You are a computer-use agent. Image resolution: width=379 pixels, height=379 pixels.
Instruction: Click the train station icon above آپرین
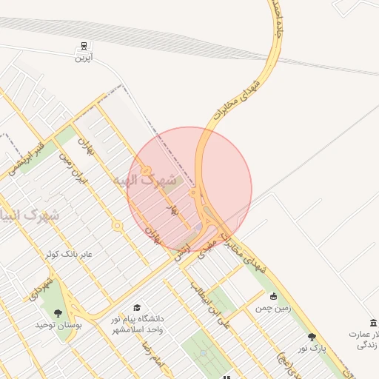click(84, 46)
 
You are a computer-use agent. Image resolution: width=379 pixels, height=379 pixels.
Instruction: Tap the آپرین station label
click(84, 58)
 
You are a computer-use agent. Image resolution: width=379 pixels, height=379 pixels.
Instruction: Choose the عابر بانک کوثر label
click(68, 253)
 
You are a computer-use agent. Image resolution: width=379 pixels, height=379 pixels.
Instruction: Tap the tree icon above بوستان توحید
click(58, 313)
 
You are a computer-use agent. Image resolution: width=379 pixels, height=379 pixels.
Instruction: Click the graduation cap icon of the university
click(136, 307)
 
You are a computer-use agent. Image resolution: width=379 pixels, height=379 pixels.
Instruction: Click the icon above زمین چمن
click(273, 296)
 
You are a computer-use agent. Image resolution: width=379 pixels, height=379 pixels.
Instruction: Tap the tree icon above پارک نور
click(311, 337)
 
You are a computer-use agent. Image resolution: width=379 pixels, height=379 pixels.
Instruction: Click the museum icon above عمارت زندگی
click(372, 323)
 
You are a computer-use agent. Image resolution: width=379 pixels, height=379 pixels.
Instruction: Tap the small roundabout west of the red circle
click(116, 225)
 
